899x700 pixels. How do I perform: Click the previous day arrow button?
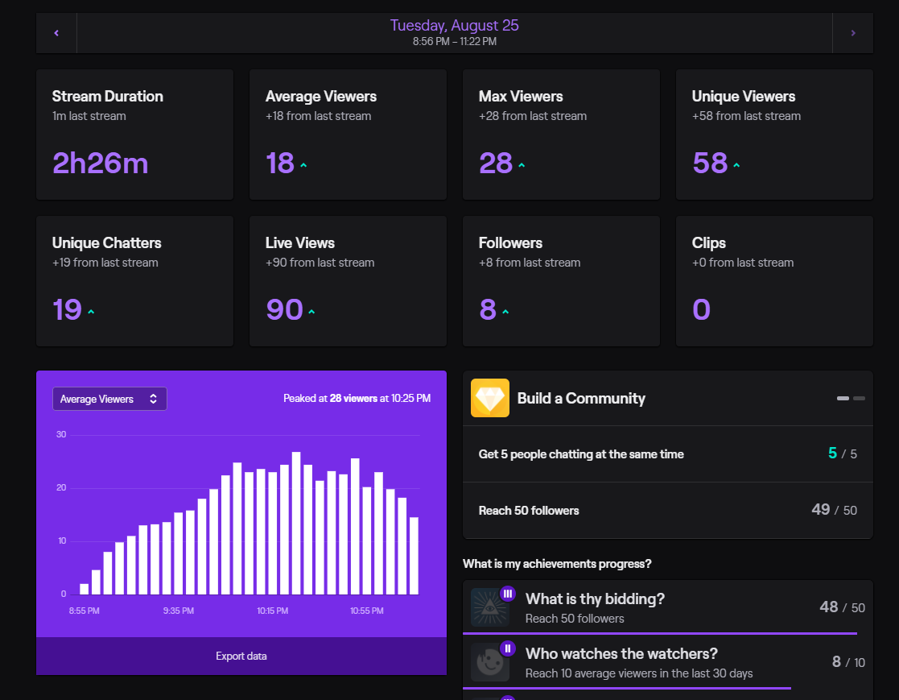[56, 33]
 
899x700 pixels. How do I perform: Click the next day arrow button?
[852, 33]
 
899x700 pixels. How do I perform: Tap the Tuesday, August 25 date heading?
[454, 25]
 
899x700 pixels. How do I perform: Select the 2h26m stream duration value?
[100, 164]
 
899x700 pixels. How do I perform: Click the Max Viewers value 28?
[496, 164]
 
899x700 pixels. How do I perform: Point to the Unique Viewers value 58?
[709, 164]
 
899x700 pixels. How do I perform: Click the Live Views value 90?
[284, 310]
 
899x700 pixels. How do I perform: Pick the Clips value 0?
[701, 310]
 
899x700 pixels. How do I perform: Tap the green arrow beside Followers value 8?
[505, 313]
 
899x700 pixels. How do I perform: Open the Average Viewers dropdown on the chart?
[109, 399]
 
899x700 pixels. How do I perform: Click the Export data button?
[241, 656]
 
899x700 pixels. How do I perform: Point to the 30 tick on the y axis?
[61, 435]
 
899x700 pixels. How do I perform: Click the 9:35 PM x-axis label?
[178, 611]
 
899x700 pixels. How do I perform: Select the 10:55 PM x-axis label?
[366, 611]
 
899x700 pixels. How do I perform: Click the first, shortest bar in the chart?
[84, 589]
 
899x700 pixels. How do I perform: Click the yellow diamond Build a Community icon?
[490, 398]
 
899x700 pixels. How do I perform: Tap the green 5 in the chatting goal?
[832, 454]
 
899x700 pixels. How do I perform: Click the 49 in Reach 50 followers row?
[820, 510]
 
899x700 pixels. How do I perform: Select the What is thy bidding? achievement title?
[595, 599]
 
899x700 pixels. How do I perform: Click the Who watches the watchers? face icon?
[489, 663]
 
